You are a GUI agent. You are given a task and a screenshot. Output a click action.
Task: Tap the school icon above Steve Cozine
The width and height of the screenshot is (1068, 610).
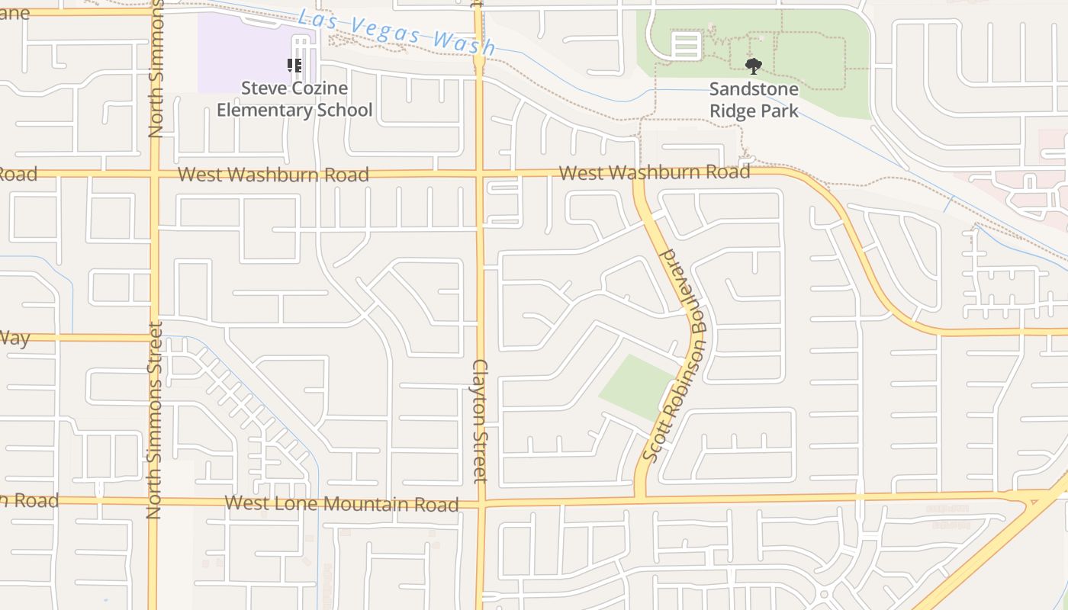click(294, 66)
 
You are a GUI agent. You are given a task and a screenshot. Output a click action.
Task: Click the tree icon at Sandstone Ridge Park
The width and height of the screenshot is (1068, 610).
click(754, 66)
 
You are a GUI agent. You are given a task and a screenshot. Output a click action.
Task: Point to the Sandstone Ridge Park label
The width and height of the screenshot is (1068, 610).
click(754, 100)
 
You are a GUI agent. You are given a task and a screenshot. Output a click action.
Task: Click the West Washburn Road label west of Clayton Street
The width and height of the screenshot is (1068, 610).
click(273, 175)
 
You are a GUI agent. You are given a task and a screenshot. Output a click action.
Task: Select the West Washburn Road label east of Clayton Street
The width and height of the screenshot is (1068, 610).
click(655, 172)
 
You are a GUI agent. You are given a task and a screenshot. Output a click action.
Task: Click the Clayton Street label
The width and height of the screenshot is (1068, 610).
click(479, 421)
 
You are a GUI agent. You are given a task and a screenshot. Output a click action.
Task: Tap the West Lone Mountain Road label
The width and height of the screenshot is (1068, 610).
click(342, 504)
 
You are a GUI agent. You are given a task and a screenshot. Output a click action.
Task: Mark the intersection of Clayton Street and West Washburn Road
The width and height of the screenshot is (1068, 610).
click(480, 175)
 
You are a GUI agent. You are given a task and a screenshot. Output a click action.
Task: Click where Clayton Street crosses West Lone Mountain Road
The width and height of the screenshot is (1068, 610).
click(481, 503)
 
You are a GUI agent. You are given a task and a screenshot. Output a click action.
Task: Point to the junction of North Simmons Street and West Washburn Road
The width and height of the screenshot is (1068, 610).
click(155, 175)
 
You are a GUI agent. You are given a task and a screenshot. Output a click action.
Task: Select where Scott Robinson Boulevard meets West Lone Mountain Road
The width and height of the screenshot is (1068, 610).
click(639, 500)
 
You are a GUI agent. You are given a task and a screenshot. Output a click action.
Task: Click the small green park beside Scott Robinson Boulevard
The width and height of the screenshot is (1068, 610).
click(638, 387)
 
